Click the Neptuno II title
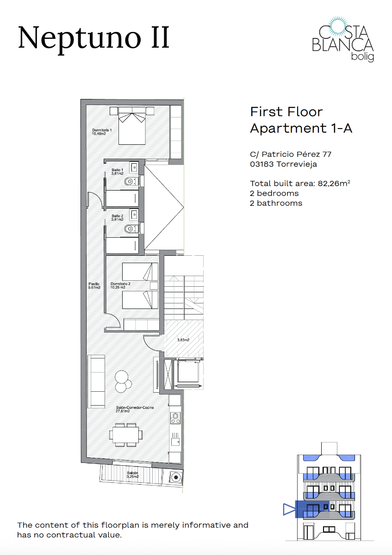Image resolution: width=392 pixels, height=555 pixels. (94, 37)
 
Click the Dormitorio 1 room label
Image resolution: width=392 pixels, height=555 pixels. (102, 132)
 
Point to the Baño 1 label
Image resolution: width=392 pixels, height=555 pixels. (117, 172)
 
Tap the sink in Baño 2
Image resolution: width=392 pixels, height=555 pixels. (134, 214)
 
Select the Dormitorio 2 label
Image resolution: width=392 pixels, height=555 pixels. (120, 285)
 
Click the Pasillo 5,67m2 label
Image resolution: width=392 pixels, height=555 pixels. (94, 286)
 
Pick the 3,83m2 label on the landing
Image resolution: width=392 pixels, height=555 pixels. (183, 340)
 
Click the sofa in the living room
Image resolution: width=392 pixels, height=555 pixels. (97, 381)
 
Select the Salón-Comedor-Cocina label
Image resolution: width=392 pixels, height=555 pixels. (135, 409)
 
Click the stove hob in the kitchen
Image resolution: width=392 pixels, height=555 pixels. (175, 418)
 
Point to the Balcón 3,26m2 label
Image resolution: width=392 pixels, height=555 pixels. (133, 475)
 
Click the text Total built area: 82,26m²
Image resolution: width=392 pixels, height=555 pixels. (299, 183)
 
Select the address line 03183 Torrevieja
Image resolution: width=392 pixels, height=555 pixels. (283, 164)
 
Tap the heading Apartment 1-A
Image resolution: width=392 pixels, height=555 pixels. (301, 128)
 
